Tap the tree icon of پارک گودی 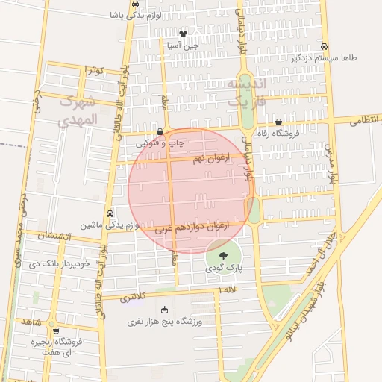tap(224, 255)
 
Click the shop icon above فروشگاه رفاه tap(278, 122)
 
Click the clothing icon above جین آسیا tap(184, 34)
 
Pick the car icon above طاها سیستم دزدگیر tap(323, 46)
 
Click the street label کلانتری tap(131, 297)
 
